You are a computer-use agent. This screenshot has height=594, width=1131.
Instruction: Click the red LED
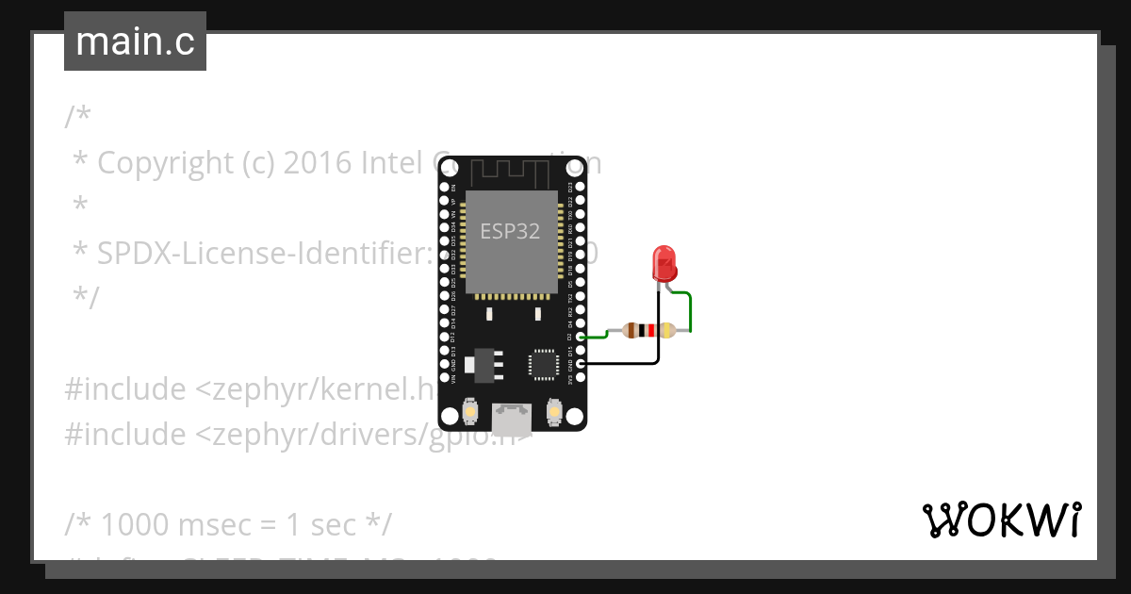pos(664,263)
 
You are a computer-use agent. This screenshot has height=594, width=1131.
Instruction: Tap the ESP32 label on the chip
pos(510,231)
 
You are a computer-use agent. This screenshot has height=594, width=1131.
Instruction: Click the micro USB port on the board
pos(512,414)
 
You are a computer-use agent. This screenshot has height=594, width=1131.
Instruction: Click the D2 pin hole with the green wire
pos(581,337)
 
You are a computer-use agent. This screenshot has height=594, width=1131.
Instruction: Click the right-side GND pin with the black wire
pos(581,363)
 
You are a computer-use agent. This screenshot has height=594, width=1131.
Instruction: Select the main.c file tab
pos(135,41)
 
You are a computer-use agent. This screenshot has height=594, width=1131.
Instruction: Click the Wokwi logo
pos(1001,520)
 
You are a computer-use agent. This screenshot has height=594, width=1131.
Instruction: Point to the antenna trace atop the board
pos(510,172)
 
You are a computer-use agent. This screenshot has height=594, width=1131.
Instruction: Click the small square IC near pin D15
pos(544,364)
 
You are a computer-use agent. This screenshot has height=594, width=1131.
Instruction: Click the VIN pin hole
pos(444,378)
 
